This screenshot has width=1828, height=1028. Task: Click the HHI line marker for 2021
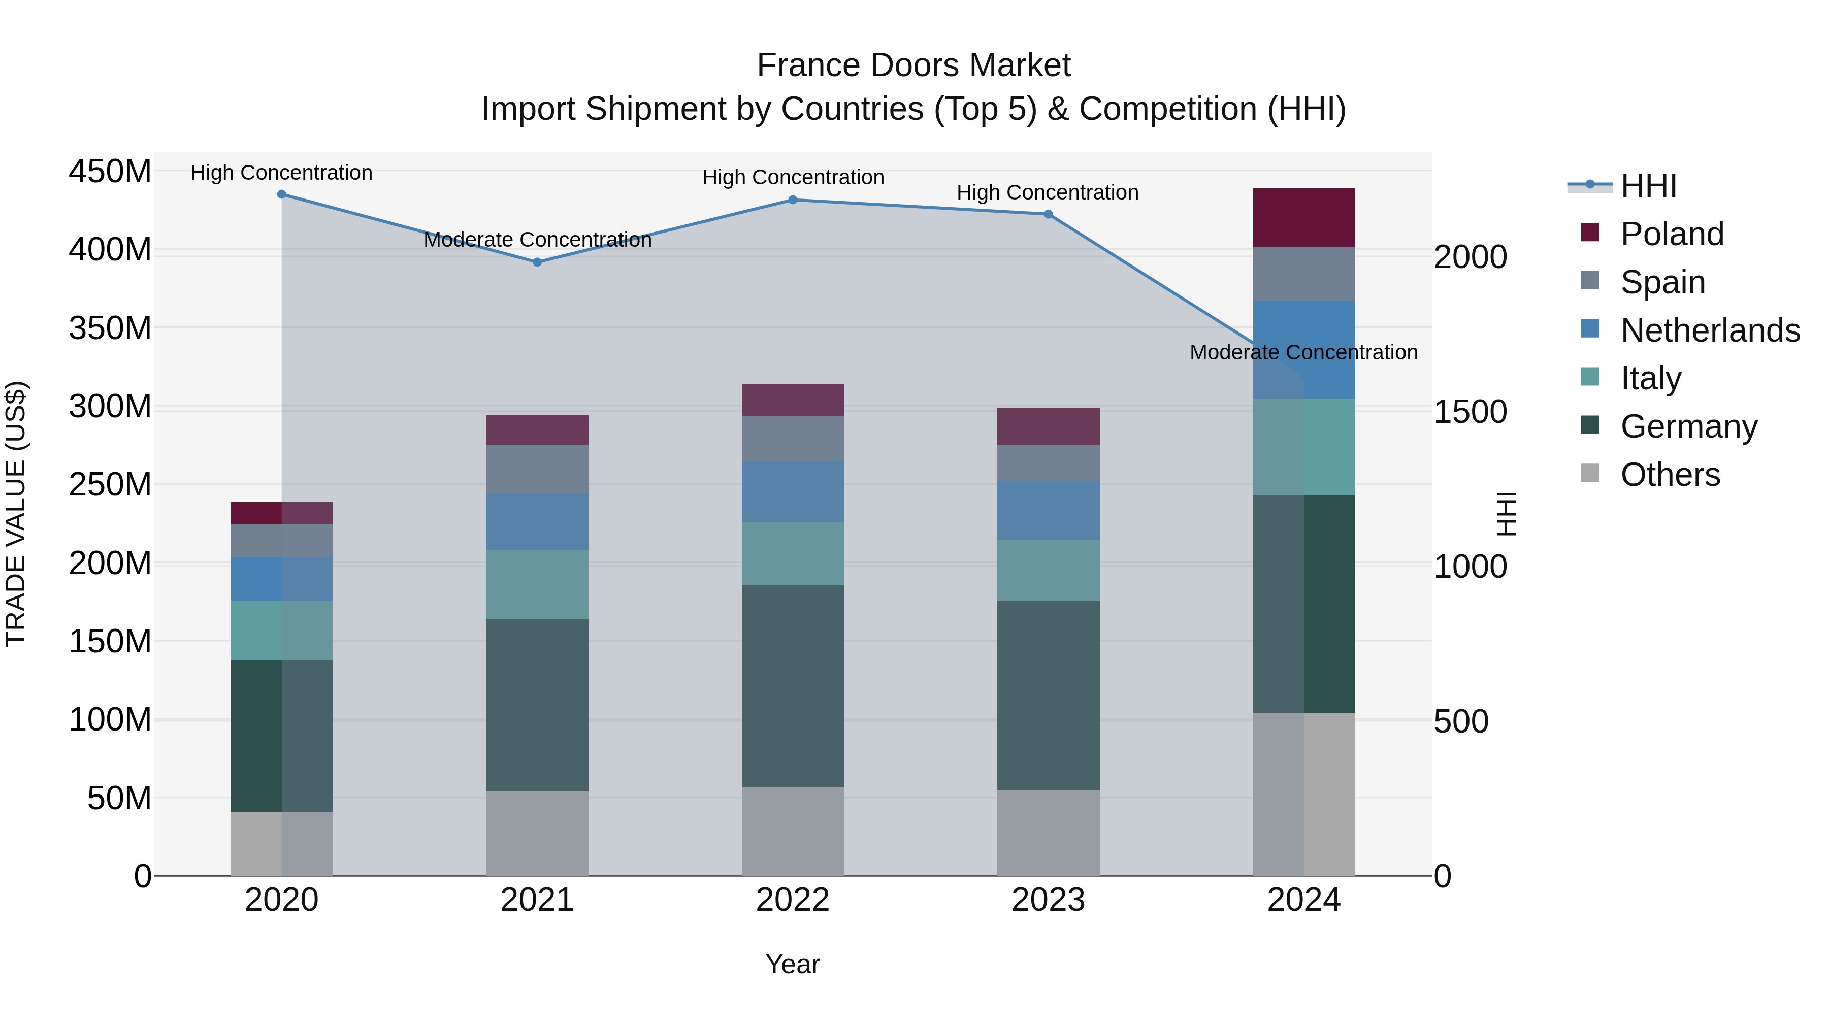point(537,262)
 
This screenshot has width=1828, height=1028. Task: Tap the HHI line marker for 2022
point(793,200)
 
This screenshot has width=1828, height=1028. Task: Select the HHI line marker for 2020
point(282,194)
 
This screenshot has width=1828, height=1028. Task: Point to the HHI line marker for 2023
point(1048,214)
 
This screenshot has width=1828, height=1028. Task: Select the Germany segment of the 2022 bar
point(793,686)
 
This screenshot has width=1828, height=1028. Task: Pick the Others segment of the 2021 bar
point(537,834)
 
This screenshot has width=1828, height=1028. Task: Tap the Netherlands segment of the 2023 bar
point(1048,510)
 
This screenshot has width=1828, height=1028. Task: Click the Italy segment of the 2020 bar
point(282,631)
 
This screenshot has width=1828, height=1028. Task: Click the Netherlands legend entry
point(1710,330)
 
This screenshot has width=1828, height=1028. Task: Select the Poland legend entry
point(1672,234)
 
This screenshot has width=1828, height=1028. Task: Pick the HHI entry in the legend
point(1648,186)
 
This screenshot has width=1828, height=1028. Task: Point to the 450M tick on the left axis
point(110,172)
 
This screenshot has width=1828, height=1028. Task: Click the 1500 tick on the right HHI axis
point(1471,412)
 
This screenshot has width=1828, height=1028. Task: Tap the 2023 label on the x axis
point(1048,900)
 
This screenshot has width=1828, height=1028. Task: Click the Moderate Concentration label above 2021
point(537,240)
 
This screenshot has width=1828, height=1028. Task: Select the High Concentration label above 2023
point(1048,192)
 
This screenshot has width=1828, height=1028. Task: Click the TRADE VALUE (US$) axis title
point(16,514)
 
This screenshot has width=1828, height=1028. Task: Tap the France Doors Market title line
point(913,65)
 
